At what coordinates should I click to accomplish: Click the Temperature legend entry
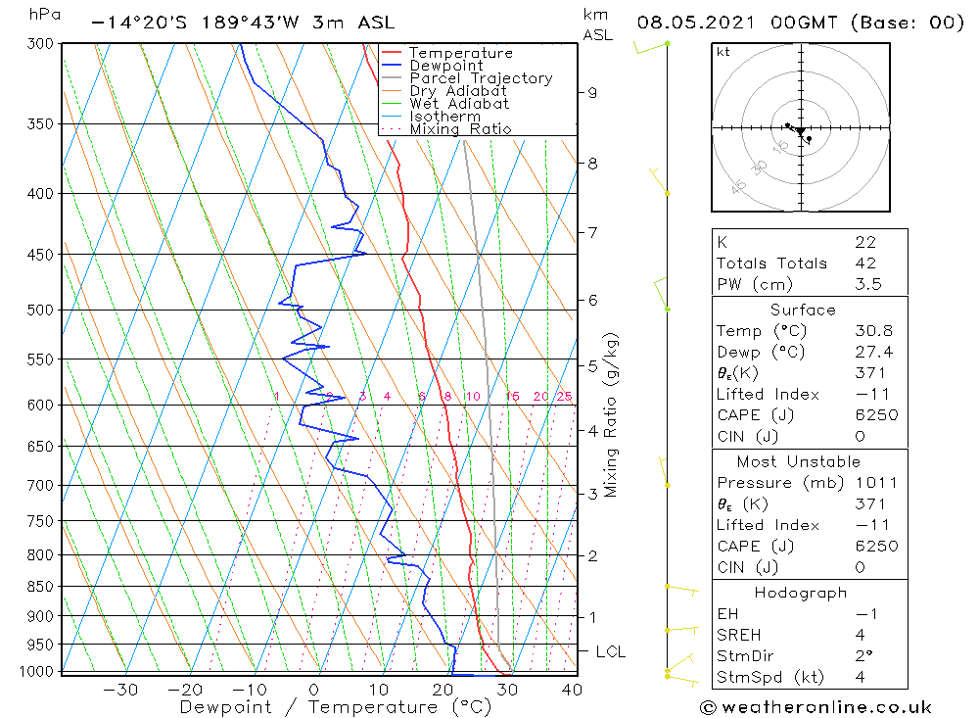pos(460,53)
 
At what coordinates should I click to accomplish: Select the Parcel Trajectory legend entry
pos(481,78)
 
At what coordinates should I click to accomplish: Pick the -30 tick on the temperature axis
pos(119,690)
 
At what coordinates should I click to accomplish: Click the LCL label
pos(610,651)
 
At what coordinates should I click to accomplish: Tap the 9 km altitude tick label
pos(592,93)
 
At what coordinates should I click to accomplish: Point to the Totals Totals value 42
pos(864,263)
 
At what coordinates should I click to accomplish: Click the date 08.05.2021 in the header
pos(693,22)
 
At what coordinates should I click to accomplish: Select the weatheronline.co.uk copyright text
pos(816,707)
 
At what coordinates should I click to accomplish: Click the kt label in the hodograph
pos(723,52)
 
